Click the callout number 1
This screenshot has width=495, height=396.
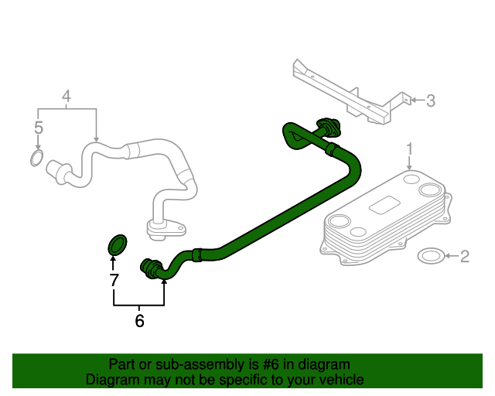[x=411, y=148]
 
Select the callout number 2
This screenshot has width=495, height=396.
[x=464, y=256]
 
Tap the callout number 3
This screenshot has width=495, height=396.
[x=431, y=100]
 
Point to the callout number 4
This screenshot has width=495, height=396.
[x=67, y=97]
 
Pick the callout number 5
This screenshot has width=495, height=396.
[x=38, y=127]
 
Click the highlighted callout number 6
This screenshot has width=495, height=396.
[x=139, y=320]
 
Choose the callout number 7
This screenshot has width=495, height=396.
[x=114, y=280]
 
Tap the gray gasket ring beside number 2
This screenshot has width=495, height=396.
[x=430, y=256]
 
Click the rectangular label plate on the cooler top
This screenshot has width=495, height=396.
[x=384, y=205]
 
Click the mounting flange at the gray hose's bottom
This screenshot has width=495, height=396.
[x=166, y=227]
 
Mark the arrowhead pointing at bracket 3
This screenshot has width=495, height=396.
[x=413, y=100]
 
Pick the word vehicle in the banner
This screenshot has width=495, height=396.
[x=340, y=380]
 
